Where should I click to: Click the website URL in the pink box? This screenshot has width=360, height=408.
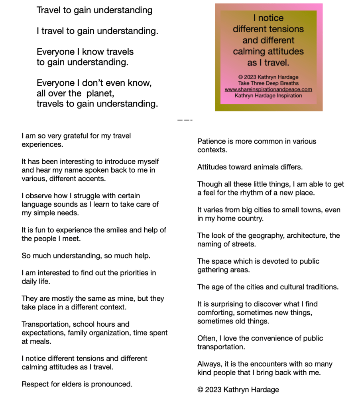click(x=268, y=90)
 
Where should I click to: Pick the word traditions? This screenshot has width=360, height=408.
click(x=319, y=287)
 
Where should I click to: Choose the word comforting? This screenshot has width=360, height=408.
click(x=215, y=313)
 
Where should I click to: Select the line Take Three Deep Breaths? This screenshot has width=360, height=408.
click(x=268, y=83)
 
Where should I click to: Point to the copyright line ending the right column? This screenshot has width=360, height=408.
click(x=238, y=390)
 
